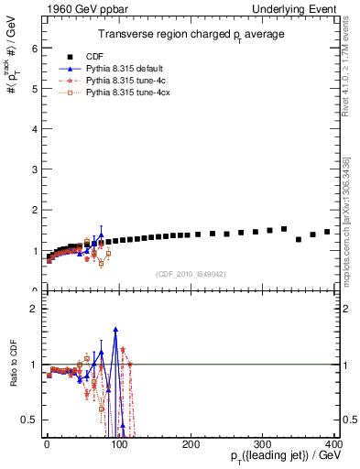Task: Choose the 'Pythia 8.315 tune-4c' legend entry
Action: pos(136,81)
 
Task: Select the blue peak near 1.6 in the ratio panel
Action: pos(115,329)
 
